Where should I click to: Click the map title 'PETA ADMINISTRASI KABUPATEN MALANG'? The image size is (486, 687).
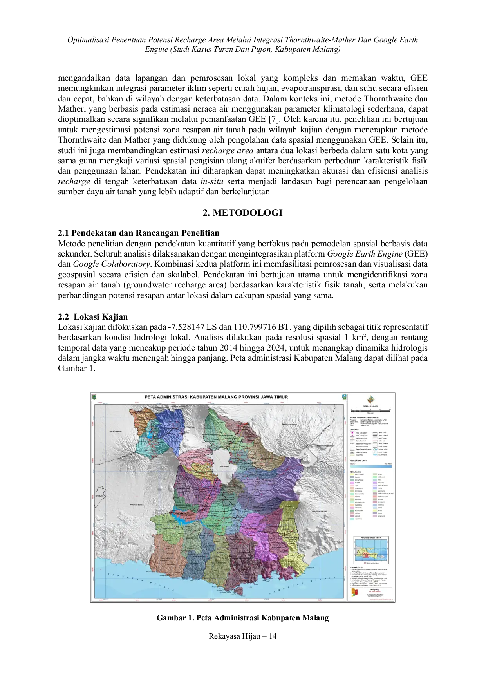click(x=216, y=397)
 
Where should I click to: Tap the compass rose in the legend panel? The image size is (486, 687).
click(x=369, y=400)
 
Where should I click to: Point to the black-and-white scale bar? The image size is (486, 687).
click(x=370, y=410)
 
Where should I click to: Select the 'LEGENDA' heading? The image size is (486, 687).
click(x=354, y=430)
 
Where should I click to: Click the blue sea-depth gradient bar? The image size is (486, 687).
click(x=370, y=466)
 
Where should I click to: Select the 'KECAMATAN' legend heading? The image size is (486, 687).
click(x=356, y=472)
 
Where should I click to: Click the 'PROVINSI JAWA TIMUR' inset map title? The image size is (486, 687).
click(x=370, y=538)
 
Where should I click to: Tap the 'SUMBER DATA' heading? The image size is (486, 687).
click(x=356, y=567)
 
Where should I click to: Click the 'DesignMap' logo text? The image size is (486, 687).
click(x=374, y=589)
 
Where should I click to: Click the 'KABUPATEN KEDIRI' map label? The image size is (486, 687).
click(x=116, y=432)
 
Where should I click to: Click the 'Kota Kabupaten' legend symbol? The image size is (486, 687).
click(x=352, y=433)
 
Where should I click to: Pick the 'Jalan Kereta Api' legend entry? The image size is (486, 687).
click(x=361, y=452)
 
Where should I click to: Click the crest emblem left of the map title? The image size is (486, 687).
click(x=94, y=397)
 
